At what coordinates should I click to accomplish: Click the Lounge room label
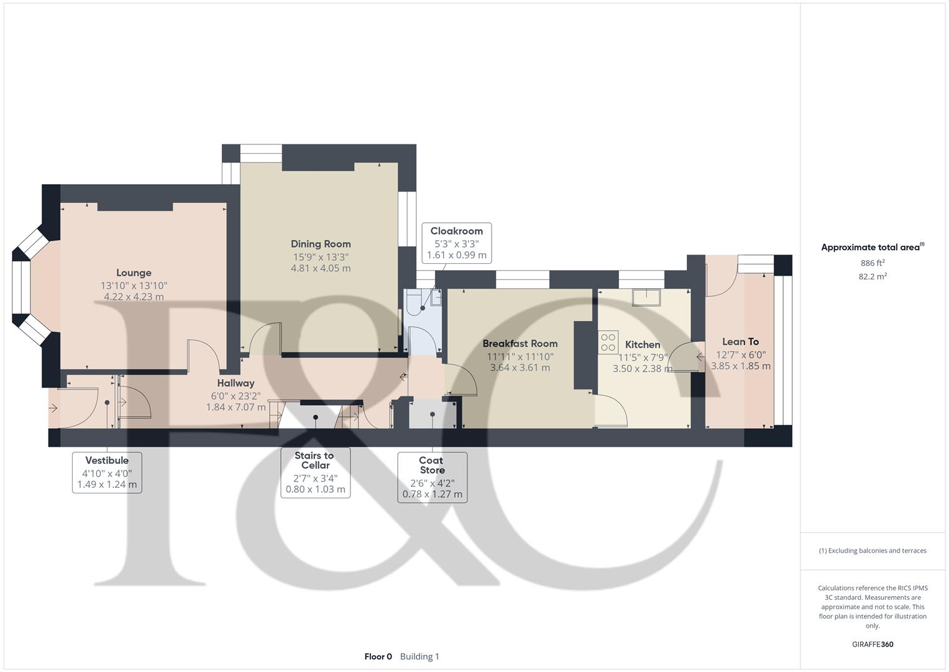click(x=134, y=273)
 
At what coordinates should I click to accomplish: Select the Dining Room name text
click(x=321, y=244)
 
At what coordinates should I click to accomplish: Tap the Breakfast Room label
click(x=520, y=343)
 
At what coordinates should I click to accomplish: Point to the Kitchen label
click(x=642, y=345)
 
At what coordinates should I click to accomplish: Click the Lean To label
click(x=740, y=342)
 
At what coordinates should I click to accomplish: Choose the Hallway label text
click(x=236, y=383)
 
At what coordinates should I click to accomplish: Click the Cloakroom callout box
click(x=456, y=243)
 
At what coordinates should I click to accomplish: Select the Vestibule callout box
click(x=107, y=472)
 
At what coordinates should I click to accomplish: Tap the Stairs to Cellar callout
click(x=315, y=472)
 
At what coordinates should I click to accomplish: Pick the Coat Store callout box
click(x=432, y=477)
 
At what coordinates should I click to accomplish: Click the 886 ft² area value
click(x=873, y=263)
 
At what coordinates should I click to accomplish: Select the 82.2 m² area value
click(x=873, y=277)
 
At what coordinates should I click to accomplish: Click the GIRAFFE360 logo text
click(x=873, y=644)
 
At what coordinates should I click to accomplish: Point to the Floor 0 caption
click(x=378, y=656)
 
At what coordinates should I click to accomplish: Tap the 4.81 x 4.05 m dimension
click(x=321, y=268)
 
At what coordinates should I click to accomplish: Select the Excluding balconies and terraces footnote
click(x=873, y=551)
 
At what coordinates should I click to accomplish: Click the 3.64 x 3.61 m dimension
click(x=520, y=368)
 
